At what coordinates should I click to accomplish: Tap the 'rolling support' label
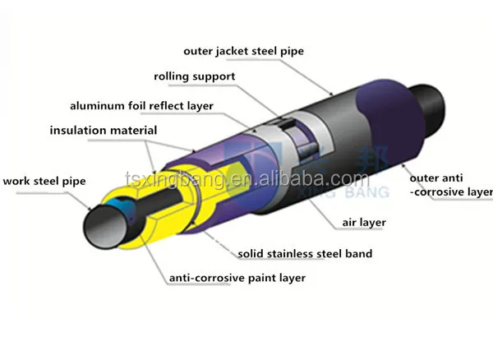point(194,77)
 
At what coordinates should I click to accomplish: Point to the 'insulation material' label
point(104,131)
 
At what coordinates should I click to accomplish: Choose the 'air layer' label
point(364,222)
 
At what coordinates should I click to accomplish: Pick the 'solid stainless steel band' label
point(305,254)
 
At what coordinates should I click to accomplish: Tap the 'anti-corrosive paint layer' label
point(237,278)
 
